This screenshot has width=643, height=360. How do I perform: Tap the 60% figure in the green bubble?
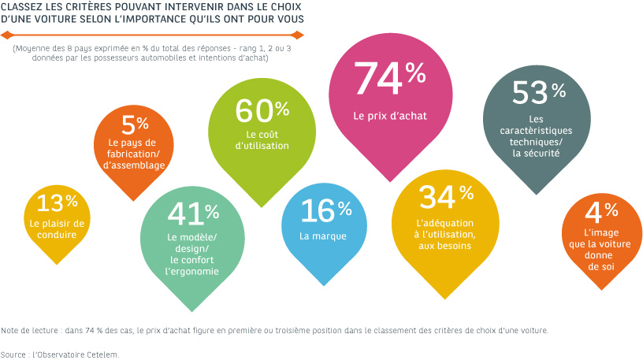pyautogui.click(x=262, y=112)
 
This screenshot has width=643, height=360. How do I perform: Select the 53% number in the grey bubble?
pyautogui.click(x=539, y=92)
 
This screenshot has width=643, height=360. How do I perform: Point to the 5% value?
pyautogui.click(x=136, y=124)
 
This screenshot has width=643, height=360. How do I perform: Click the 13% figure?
pyautogui.click(x=58, y=203)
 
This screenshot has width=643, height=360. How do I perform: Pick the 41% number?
pyautogui.click(x=193, y=213)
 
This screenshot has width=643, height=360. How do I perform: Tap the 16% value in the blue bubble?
pyautogui.click(x=326, y=210)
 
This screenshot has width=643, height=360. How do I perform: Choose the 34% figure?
pyautogui.click(x=446, y=196)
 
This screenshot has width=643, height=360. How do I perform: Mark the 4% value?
pyautogui.click(x=602, y=211)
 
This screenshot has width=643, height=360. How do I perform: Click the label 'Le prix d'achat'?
pyautogui.click(x=390, y=116)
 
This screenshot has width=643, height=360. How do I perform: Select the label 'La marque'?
pyautogui.click(x=318, y=236)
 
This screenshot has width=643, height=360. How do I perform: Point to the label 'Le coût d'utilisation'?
pyautogui.click(x=262, y=139)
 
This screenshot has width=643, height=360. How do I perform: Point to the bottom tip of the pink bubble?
pyautogui.click(x=390, y=182)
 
